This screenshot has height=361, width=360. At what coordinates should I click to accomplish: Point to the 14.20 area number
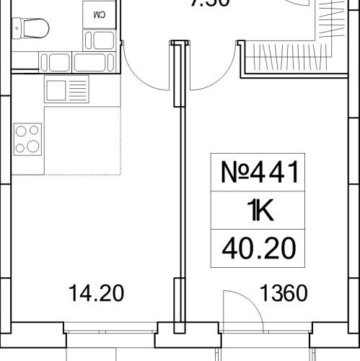pyautogui.click(x=96, y=294)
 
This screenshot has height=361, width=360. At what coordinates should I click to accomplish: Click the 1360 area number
pyautogui.click(x=284, y=294)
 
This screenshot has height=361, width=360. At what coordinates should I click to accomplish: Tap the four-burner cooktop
pyautogui.click(x=27, y=139)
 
